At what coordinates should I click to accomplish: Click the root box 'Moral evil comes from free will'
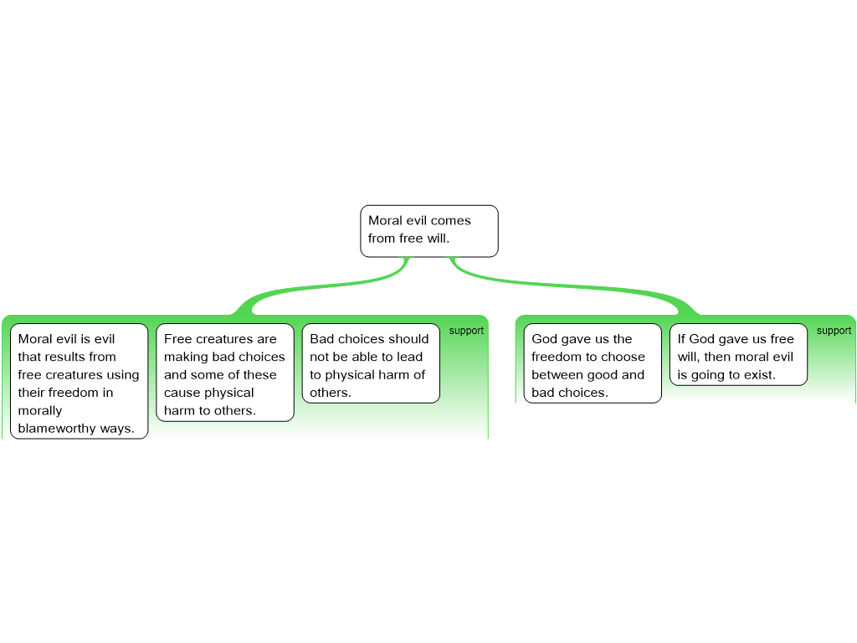[428, 230]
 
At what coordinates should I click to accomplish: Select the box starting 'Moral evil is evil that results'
[79, 381]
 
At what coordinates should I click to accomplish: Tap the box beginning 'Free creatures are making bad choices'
[224, 372]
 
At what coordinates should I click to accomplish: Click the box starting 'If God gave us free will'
[738, 354]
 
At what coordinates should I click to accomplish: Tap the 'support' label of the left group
[466, 331]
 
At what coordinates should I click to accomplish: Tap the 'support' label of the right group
[834, 331]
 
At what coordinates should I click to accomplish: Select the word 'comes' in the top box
[451, 221]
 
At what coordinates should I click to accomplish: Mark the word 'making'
[187, 357]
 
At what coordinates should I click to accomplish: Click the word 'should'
[408, 339]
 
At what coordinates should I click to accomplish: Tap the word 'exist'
[757, 375]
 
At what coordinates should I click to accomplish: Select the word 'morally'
[40, 411]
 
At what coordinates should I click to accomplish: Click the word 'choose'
[624, 357]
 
